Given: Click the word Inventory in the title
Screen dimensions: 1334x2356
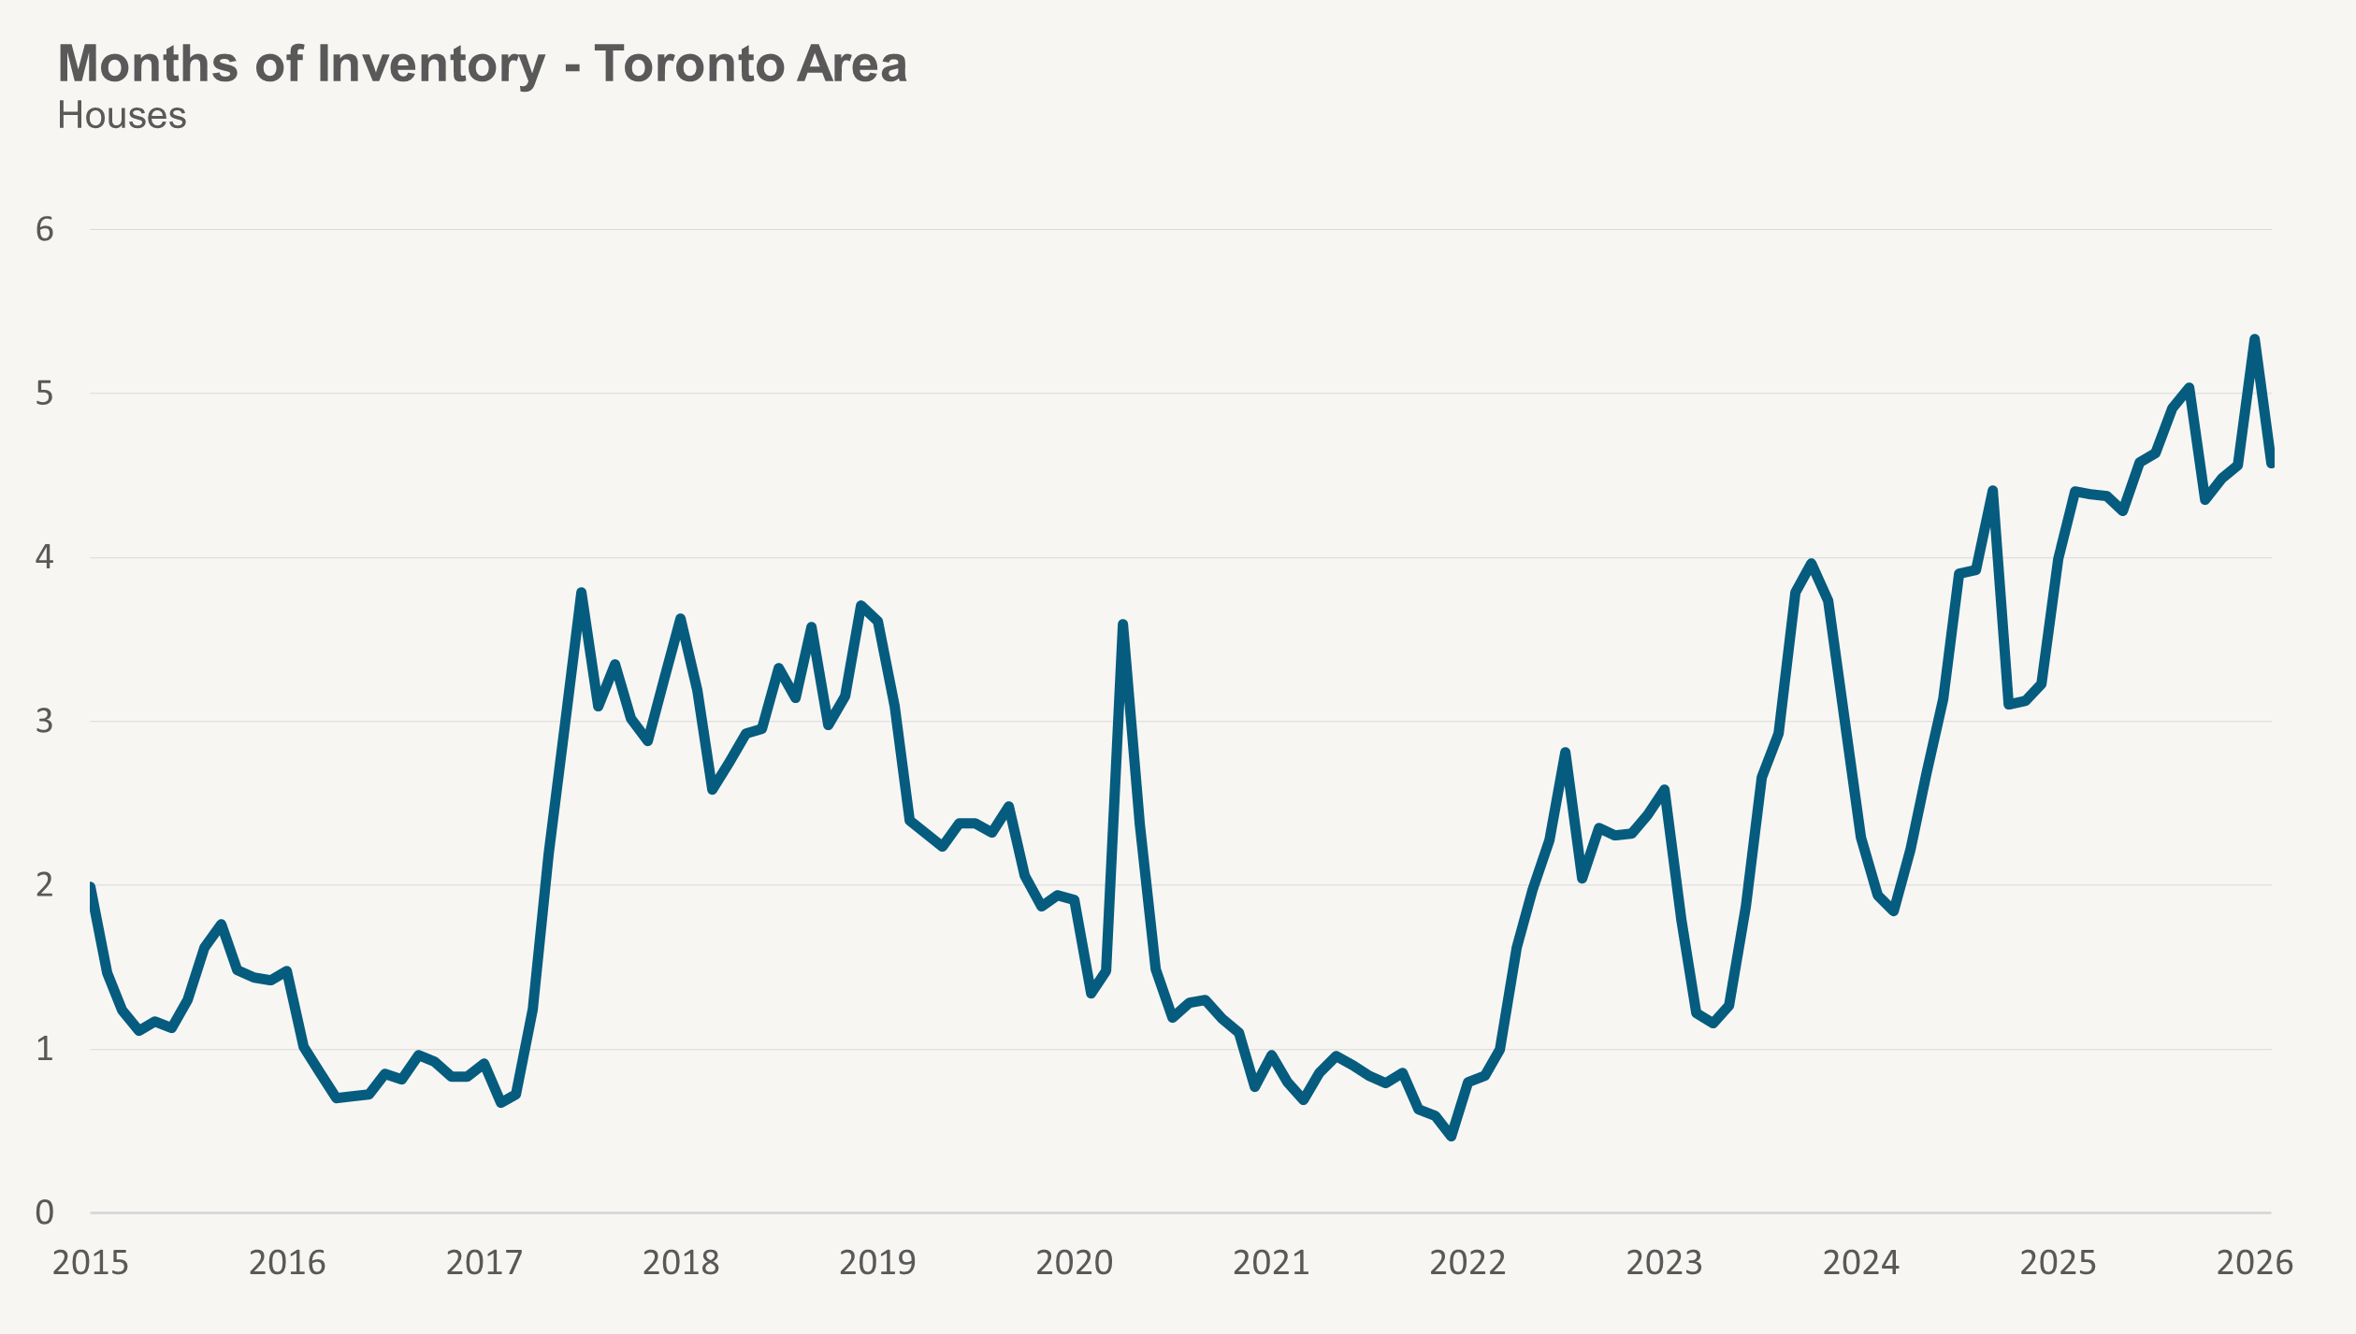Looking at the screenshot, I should click(x=430, y=65).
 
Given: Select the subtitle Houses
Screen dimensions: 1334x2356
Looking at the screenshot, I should click(x=122, y=116).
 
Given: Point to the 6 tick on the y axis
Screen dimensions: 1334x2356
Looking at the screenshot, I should click(x=44, y=230).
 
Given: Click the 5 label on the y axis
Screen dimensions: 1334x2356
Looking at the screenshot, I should click(x=44, y=394).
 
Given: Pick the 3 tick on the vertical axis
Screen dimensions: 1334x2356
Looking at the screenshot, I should click(x=44, y=722).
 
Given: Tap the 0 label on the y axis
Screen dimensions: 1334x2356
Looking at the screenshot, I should click(x=44, y=1213).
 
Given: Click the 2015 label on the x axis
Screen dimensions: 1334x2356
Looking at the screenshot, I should click(x=90, y=1263).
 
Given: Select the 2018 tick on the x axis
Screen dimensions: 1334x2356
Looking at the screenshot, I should click(x=680, y=1263).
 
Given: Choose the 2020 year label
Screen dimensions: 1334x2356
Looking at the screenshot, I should click(x=1074, y=1263).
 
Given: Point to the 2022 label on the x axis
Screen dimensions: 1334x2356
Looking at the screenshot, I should click(x=1467, y=1263).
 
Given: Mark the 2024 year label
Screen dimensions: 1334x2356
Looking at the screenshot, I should click(x=1861, y=1263).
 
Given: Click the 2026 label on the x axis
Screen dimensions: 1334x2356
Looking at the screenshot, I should click(x=2255, y=1263).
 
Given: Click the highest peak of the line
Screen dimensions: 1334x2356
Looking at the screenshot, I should click(x=2254, y=339).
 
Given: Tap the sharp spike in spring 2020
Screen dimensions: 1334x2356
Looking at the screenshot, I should click(x=1122, y=624).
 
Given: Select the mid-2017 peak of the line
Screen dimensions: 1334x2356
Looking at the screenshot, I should click(x=581, y=593).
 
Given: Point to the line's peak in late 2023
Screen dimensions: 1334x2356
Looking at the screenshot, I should click(x=1812, y=563).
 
